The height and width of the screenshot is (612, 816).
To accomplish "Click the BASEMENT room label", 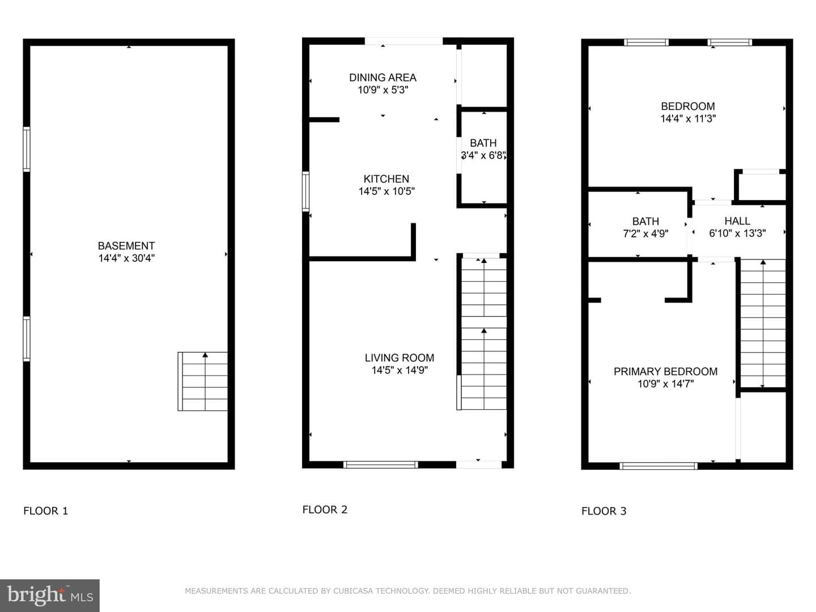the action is coord(126,245).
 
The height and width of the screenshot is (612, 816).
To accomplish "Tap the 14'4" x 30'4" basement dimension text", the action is coord(126,258).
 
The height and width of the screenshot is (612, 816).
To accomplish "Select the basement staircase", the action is coord(203,381).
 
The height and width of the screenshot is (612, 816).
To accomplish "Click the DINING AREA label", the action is coord(382,78).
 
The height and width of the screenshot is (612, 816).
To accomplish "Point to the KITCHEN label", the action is coord(386,179).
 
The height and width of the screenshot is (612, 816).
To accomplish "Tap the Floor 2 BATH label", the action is coord(483,143).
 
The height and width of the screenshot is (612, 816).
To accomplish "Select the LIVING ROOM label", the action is coord(399,358).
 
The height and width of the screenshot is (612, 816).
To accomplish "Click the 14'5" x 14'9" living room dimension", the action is coord(399,370).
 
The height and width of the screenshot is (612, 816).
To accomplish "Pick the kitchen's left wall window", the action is coord(305,192).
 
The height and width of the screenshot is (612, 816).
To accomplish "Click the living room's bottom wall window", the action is coord(380,465).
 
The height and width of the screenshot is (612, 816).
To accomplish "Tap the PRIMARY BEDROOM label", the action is coord(665,372).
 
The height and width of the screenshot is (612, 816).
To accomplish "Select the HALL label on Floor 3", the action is coord(737,221).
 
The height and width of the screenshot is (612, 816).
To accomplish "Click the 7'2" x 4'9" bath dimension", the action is coord(646,233).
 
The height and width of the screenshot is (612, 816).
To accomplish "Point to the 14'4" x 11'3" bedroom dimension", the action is coord(688,118).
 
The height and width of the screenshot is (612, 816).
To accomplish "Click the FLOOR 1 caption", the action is coord(46,511).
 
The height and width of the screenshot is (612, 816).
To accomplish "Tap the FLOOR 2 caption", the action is coord(325,509).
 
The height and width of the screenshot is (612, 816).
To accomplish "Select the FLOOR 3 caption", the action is coord(603,511).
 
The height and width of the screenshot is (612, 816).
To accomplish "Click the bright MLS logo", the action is coord(50,595).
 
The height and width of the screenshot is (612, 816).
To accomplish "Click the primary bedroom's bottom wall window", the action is coord(658,466).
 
